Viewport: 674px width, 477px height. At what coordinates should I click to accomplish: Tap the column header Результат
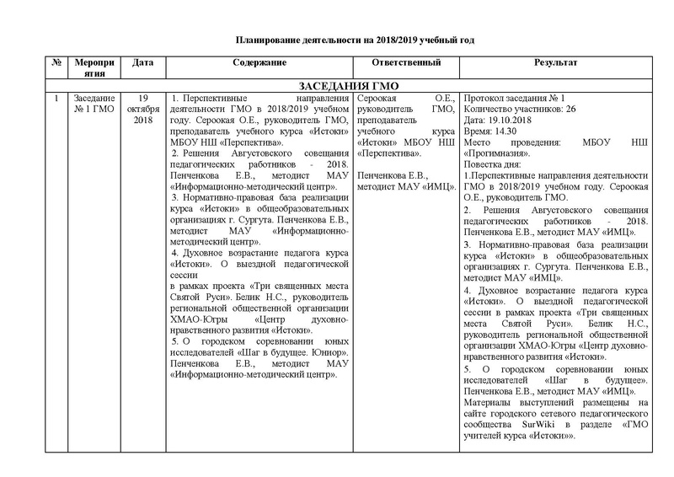point(555,63)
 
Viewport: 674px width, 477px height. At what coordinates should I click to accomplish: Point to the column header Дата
point(143,63)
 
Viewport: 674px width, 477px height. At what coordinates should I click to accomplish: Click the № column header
point(55,63)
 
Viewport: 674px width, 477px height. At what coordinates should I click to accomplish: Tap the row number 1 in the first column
point(55,99)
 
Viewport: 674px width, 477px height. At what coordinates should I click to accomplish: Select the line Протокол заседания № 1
point(514,99)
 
